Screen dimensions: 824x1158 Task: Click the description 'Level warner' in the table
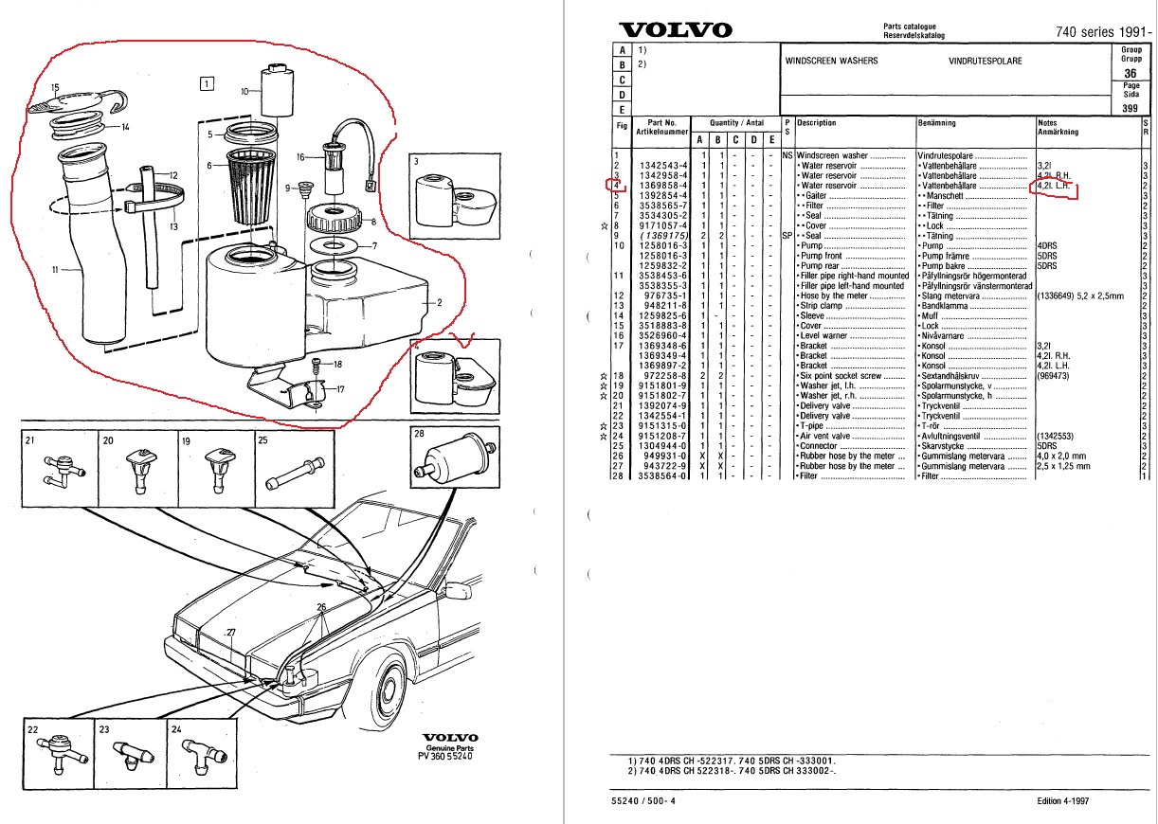[x=825, y=335]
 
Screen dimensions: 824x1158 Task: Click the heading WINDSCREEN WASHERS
[x=831, y=61]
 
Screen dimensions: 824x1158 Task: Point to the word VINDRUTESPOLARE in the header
[x=985, y=61]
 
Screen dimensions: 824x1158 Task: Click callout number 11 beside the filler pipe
[x=55, y=269]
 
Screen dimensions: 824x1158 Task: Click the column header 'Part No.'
[x=662, y=122]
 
